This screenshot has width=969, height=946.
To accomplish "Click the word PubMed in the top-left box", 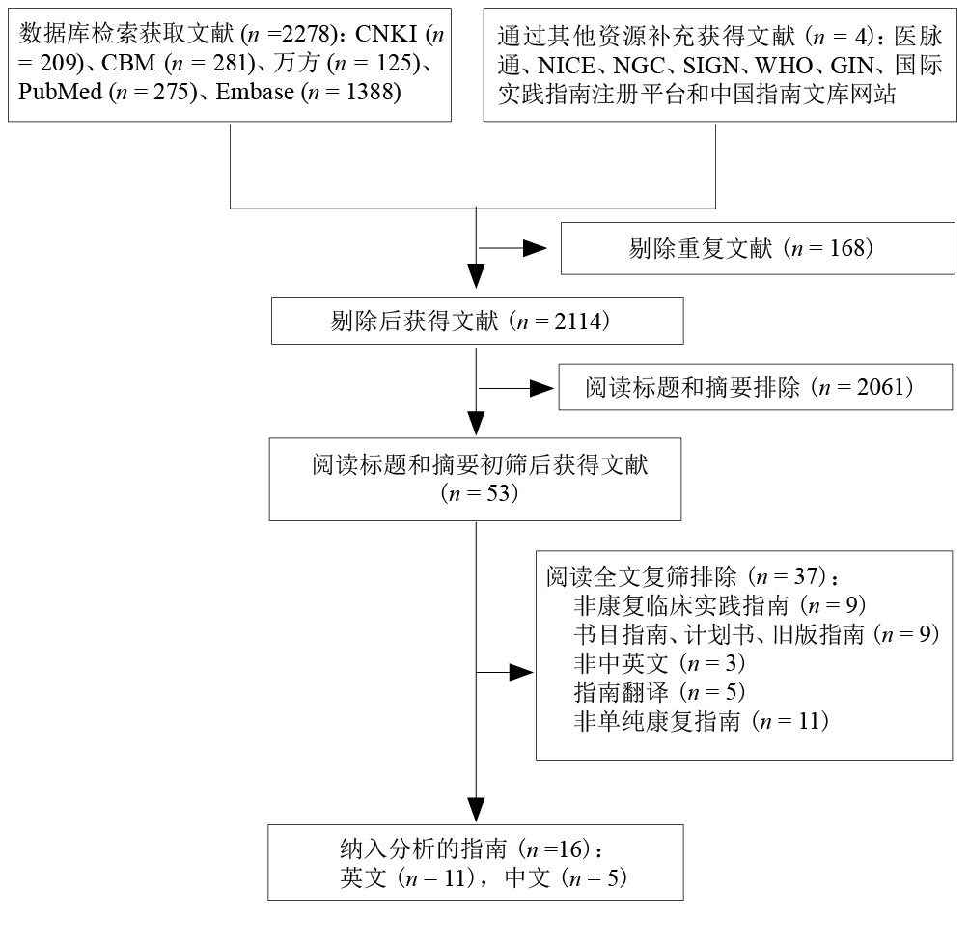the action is coord(60,92).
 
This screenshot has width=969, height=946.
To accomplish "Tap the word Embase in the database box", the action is coord(255,92).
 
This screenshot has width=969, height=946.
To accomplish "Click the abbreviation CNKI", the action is coord(386,34).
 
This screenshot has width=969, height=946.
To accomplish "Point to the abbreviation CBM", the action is coord(128,63).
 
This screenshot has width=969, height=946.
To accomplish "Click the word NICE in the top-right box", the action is coord(567,66).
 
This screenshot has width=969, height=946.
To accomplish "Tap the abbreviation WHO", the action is coord(783,66).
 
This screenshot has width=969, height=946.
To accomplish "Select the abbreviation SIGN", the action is coord(710,66).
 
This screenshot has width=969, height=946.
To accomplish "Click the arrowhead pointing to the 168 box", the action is coord(535,248).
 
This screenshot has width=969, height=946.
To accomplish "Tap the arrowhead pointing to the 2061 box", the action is coord(542,389).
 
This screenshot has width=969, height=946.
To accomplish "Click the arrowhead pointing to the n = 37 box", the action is coord(521,672).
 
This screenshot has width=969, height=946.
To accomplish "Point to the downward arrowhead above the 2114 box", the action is coord(476,276).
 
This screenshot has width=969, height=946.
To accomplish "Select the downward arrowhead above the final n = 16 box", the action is coord(476,810).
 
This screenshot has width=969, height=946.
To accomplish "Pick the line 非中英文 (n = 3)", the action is coord(659,663).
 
